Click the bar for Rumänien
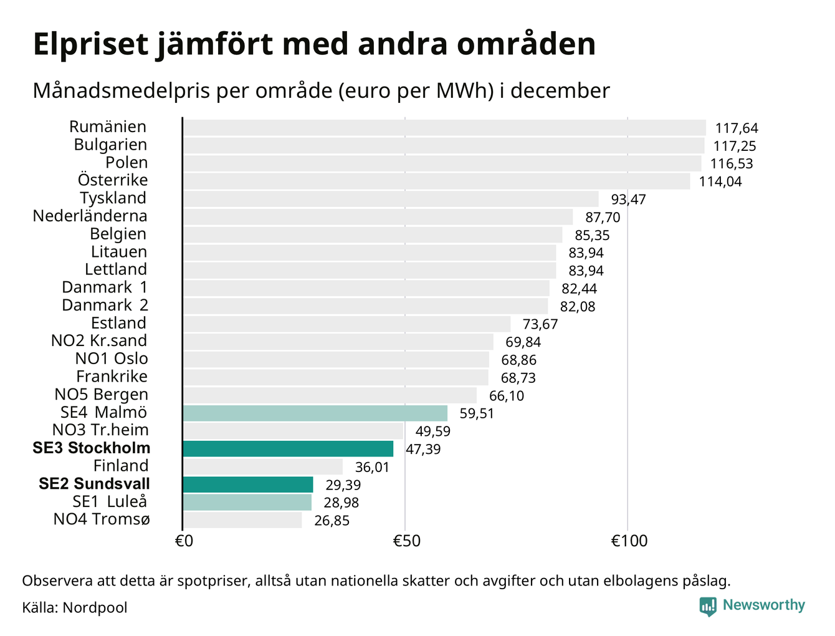tap(444, 128)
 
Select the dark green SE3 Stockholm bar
tap(288, 449)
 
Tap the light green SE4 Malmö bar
tap(315, 413)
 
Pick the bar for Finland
tap(263, 466)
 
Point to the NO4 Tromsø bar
tap(242, 520)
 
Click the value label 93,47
tap(628, 200)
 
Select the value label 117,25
tap(735, 147)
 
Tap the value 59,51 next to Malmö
tap(476, 414)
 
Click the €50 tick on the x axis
tap(406, 541)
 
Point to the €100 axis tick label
tap(629, 541)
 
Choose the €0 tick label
tap(184, 541)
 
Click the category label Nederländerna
tap(90, 216)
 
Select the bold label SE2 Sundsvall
tap(94, 484)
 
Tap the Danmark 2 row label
tap(105, 306)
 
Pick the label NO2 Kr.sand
tap(99, 341)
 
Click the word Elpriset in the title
tap(91, 45)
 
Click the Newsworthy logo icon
tap(707, 606)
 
